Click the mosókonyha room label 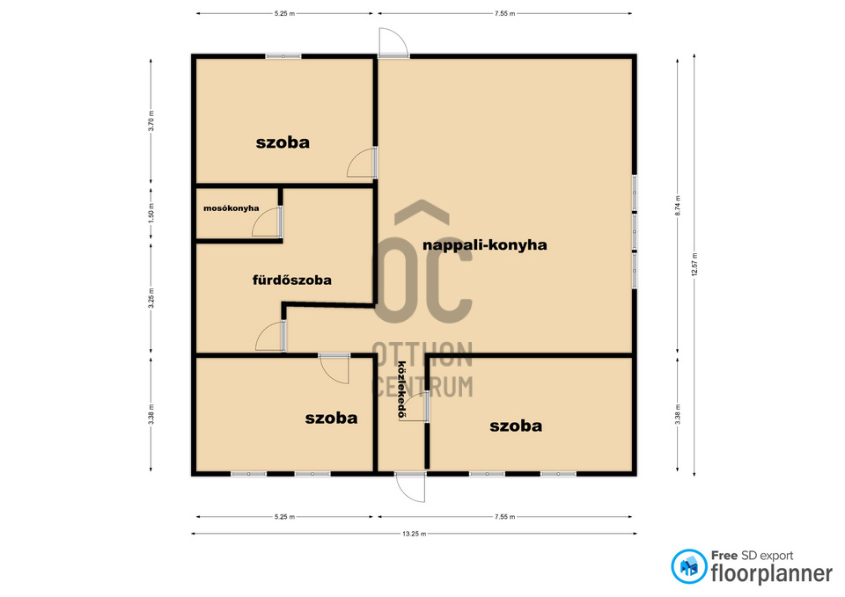point(231,208)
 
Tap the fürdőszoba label point(292,280)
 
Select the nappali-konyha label point(484,245)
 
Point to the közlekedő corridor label point(401,390)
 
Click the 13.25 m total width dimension point(414,534)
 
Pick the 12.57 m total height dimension point(694,265)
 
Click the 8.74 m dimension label point(678,206)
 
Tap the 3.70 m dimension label point(151,121)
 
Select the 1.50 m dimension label point(151,213)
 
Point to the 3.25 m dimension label point(151,298)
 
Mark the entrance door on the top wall point(393,42)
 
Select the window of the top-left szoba point(283,56)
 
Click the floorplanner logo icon point(688,566)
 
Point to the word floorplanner point(772,573)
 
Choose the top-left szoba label point(283,142)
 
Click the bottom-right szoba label point(516,426)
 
